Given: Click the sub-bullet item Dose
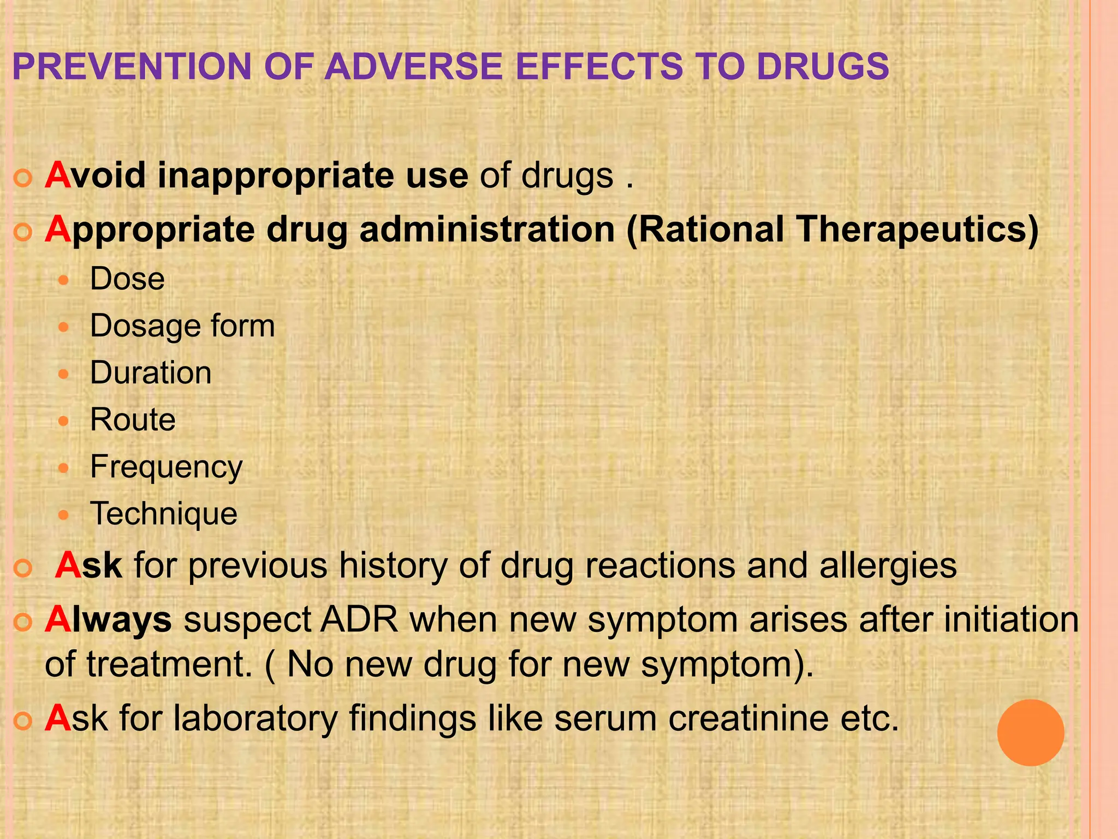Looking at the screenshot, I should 127,279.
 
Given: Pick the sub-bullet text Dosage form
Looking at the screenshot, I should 182,326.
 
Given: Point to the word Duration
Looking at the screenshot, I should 151,373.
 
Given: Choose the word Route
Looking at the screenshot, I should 133,420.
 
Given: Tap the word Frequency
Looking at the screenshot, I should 166,468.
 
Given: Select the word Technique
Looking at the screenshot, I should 164,514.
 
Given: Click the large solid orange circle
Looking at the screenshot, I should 1030,732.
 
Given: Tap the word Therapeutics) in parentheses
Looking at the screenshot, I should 917,229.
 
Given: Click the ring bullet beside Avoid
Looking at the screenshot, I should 23,179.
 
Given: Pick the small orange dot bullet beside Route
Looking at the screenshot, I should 64,421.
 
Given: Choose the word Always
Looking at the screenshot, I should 108,620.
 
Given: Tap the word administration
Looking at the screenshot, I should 487,229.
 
